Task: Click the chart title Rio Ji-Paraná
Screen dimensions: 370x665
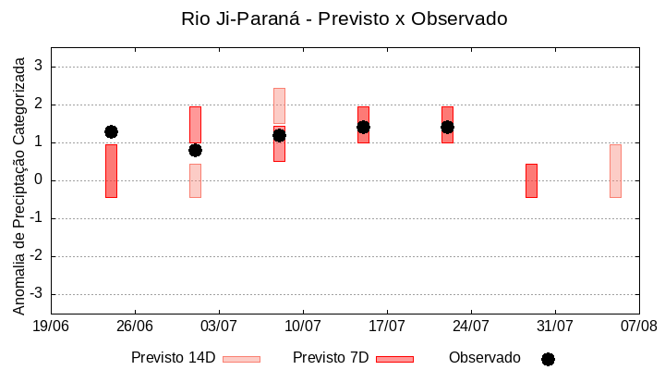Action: click(x=345, y=19)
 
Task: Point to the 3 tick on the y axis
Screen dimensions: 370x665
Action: click(x=39, y=67)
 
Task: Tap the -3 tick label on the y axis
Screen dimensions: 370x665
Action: click(x=36, y=294)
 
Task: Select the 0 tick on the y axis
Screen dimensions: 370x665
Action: click(x=39, y=180)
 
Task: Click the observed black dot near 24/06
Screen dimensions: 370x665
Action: click(x=111, y=131)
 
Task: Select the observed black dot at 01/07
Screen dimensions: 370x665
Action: click(x=195, y=150)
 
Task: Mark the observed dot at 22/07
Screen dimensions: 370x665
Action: click(x=447, y=127)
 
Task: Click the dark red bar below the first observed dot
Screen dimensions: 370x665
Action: click(x=111, y=171)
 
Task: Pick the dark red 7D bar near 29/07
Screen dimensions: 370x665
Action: click(x=531, y=180)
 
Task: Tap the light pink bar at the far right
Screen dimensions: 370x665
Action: click(x=615, y=171)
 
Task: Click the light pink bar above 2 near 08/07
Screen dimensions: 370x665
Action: click(x=279, y=105)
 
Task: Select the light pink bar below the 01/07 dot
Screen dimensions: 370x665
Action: click(x=195, y=181)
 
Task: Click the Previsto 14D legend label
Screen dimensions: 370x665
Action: click(x=173, y=358)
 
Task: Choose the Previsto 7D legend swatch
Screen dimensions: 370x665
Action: click(x=394, y=359)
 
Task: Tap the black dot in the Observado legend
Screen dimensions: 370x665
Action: click(x=548, y=359)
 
